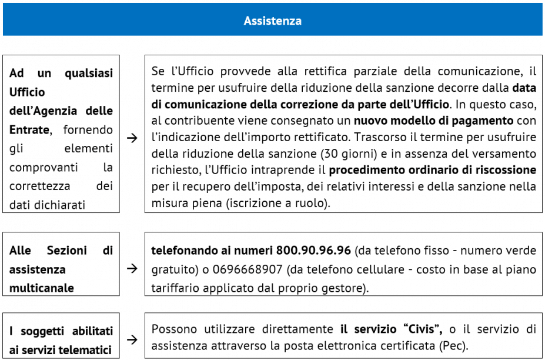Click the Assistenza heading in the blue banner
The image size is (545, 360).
[x=272, y=21]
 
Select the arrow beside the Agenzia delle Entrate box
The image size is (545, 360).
[x=132, y=138]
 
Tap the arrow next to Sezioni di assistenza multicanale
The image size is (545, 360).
[x=132, y=269]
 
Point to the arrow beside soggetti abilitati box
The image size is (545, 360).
[x=132, y=340]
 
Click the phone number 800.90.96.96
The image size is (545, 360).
[x=313, y=251]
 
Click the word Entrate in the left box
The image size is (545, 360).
[x=29, y=129]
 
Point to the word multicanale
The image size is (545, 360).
[x=42, y=288]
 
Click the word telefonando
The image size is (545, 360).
[x=182, y=251]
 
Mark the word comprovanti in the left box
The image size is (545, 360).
[x=41, y=167]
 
